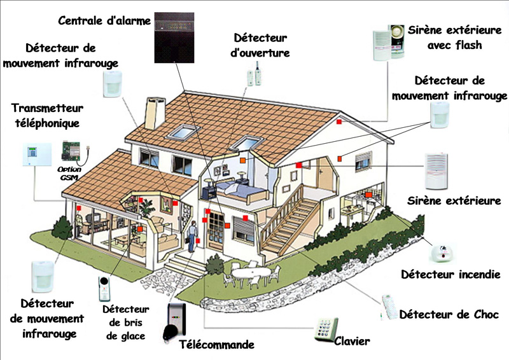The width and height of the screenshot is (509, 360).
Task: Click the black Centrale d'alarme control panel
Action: point(174,38)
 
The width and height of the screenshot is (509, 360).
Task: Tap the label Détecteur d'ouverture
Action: point(260,45)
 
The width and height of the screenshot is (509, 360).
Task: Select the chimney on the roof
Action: point(155,113)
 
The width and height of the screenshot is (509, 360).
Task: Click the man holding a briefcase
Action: point(193,237)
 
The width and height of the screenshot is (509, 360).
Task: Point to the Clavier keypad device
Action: point(326,329)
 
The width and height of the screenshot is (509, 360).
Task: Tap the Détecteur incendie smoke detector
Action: point(442,253)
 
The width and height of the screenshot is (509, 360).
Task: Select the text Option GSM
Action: point(69,174)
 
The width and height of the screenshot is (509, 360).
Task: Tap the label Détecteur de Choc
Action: point(449,314)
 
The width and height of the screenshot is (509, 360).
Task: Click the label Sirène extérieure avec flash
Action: point(454,38)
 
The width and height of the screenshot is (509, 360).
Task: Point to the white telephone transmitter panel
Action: point(37,154)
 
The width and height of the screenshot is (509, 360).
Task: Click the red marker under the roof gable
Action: point(339,121)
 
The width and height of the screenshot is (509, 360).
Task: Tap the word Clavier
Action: point(352,341)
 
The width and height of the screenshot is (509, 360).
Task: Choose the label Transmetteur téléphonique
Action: point(47,116)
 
